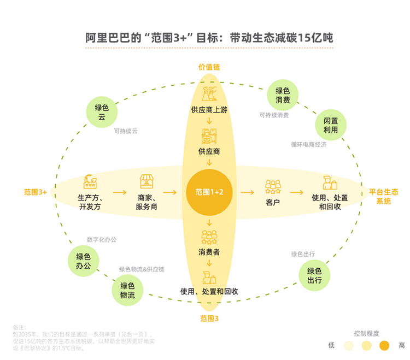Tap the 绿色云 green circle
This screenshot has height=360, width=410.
click(x=102, y=112)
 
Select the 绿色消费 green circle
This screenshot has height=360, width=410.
click(x=283, y=95)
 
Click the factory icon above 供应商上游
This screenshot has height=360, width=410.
click(x=209, y=95)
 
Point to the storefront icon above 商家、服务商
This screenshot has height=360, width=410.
click(x=146, y=181)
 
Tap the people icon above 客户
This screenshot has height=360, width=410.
click(x=273, y=186)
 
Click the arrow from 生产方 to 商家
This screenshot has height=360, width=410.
click(x=119, y=192)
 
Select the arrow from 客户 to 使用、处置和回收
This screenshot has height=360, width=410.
click(x=296, y=192)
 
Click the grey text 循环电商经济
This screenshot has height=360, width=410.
click(x=308, y=145)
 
